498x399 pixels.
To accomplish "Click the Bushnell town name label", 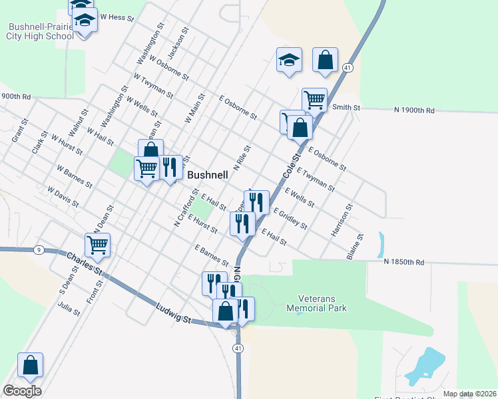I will pyautogui.click(x=208, y=176).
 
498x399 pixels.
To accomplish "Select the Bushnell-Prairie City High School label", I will pyautogui.click(x=41, y=32).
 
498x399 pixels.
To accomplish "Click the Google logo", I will pyautogui.click(x=22, y=391).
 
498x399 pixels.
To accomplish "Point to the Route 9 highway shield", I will pyautogui.click(x=39, y=250).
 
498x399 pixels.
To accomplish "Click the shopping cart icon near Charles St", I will pyautogui.click(x=97, y=244).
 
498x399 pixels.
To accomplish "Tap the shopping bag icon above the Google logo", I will pyautogui.click(x=30, y=364).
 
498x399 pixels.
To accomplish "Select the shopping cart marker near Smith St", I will pyautogui.click(x=314, y=100).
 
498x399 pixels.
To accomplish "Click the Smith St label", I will pyautogui.click(x=346, y=107).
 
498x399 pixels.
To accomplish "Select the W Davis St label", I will pyautogui.click(x=63, y=198).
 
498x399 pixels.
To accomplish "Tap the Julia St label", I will pyautogui.click(x=69, y=309).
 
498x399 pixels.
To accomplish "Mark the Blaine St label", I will pyautogui.click(x=354, y=246).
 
